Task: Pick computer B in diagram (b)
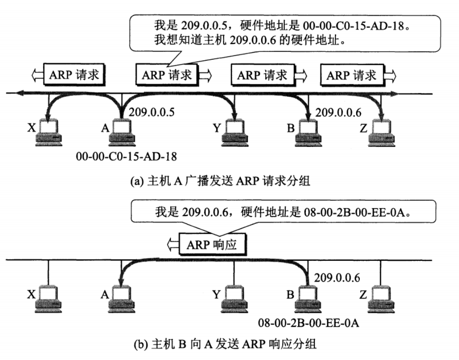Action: pyautogui.click(x=306, y=299)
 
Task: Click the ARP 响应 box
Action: pyautogui.click(x=211, y=244)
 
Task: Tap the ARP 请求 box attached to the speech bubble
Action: pyautogui.click(x=167, y=75)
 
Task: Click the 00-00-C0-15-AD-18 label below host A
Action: pyautogui.click(x=126, y=157)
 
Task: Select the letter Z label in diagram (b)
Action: pyautogui.click(x=363, y=295)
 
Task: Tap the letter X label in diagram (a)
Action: pyautogui.click(x=31, y=127)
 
